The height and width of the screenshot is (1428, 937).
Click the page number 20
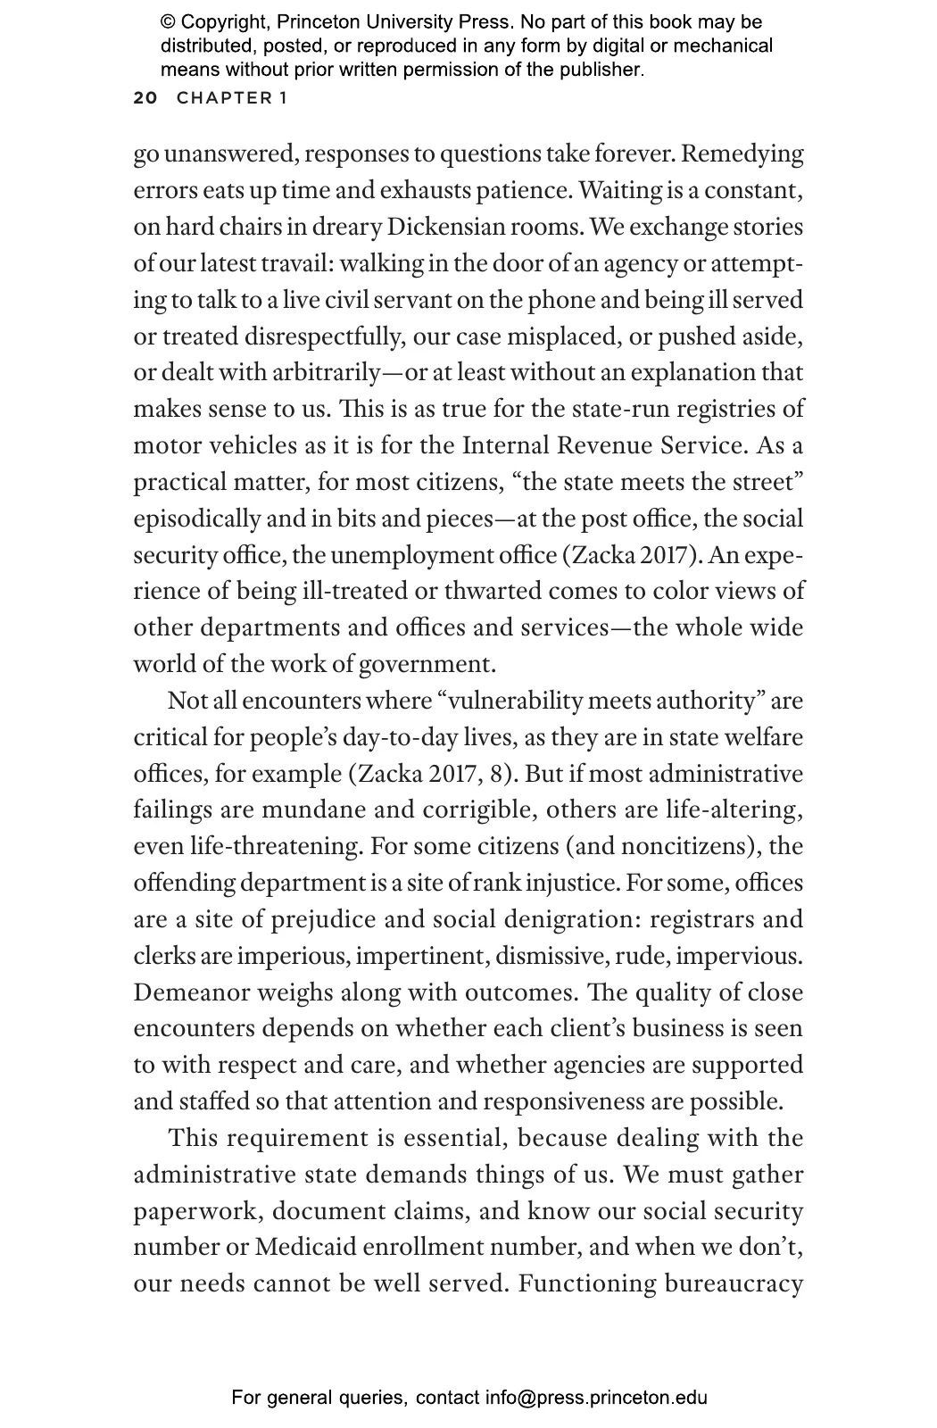tap(145, 97)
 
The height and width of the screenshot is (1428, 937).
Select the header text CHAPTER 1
tap(232, 97)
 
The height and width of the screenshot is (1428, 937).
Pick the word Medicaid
tap(306, 1247)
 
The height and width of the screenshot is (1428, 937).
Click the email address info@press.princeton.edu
tap(596, 1398)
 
